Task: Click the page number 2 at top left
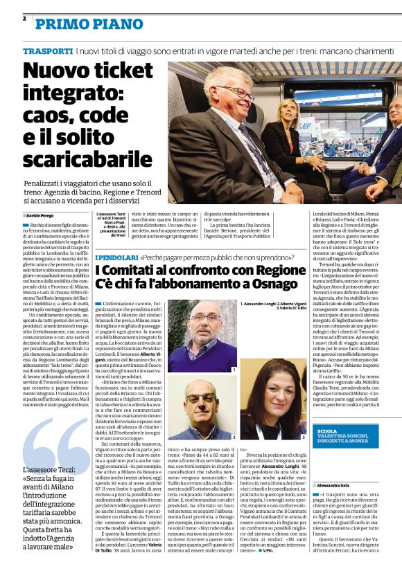tap(24, 19)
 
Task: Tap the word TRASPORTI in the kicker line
tap(47, 52)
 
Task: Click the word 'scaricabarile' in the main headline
tap(87, 158)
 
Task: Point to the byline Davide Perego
tap(44, 215)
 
